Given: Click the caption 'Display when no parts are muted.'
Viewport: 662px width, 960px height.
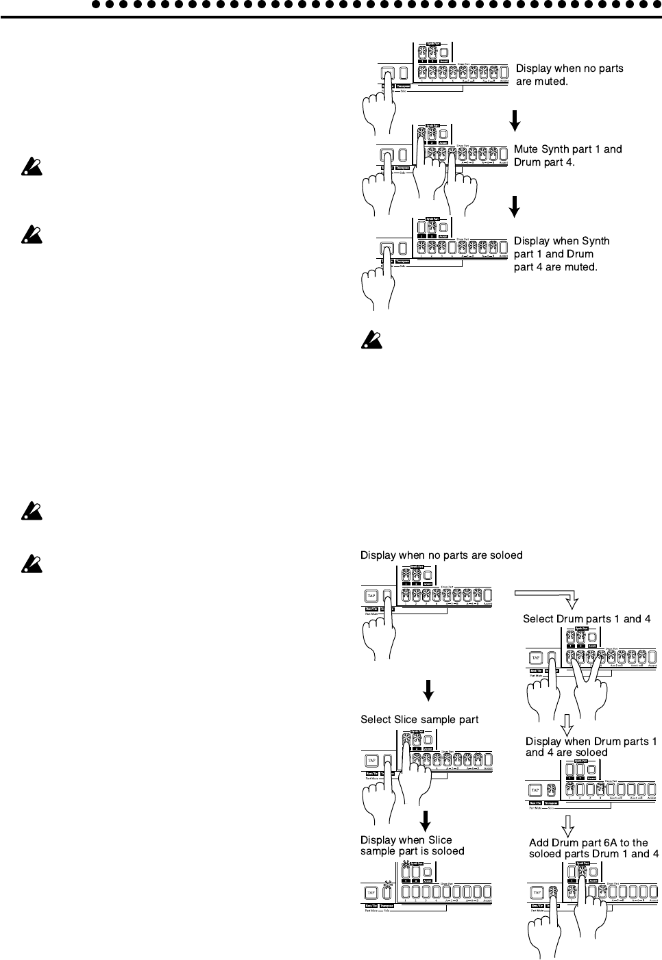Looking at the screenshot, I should click(x=569, y=75).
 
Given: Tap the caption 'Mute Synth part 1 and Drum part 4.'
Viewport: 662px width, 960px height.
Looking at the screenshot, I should click(x=568, y=155).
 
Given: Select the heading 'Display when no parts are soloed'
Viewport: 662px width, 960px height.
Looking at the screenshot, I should click(x=441, y=555).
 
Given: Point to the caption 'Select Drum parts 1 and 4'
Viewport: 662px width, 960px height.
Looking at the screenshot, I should click(x=587, y=619).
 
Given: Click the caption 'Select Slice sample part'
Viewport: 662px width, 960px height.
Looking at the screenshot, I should click(x=419, y=720).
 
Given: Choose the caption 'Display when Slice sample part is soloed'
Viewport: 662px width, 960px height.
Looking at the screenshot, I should click(x=413, y=846).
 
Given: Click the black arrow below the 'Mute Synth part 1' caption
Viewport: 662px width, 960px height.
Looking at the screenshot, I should click(x=515, y=205).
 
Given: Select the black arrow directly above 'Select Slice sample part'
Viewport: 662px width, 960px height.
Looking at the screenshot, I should click(x=428, y=690).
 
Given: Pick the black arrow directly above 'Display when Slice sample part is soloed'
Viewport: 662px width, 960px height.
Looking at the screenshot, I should click(x=425, y=820).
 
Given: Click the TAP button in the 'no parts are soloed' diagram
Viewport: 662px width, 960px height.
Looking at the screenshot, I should click(x=371, y=595).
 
